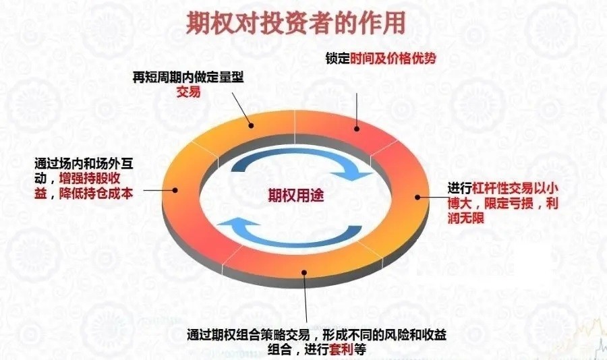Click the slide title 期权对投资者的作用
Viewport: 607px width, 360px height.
(x=296, y=22)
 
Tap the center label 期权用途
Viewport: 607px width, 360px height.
(x=296, y=195)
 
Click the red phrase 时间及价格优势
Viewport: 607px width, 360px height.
(x=393, y=59)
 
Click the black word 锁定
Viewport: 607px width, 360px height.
(x=338, y=59)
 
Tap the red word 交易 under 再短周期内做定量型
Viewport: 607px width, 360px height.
(x=189, y=92)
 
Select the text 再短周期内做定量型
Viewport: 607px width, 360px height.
(x=188, y=78)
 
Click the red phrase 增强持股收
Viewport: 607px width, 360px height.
(x=90, y=179)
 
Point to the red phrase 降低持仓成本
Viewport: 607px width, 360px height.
(x=96, y=193)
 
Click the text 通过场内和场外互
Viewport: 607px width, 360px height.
(x=84, y=164)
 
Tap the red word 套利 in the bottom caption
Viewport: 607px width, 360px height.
(x=341, y=349)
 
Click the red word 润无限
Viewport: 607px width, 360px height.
(x=465, y=218)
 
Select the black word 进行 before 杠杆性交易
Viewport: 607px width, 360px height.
(x=460, y=189)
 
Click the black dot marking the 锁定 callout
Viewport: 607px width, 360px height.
(x=357, y=129)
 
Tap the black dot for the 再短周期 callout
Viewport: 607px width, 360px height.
(x=252, y=125)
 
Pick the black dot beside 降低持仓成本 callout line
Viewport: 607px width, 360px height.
(x=175, y=190)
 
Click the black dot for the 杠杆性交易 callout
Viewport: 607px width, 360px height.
(x=417, y=197)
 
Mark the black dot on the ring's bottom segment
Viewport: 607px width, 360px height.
(x=304, y=272)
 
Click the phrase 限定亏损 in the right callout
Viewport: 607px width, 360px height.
(x=509, y=203)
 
